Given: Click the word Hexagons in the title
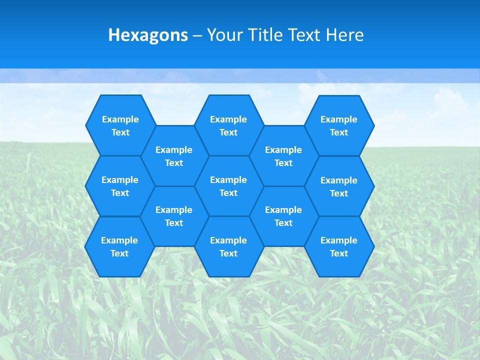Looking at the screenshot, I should [x=148, y=35].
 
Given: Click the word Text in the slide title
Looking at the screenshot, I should [x=303, y=35].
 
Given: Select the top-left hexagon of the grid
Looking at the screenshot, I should [x=120, y=125].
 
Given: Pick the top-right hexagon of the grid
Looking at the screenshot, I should [x=339, y=125].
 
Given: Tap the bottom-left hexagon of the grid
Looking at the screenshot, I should [x=119, y=246].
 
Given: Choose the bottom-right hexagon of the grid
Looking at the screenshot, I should [x=339, y=246].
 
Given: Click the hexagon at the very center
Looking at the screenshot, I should [x=228, y=186].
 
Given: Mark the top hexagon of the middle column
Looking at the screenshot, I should [x=228, y=125].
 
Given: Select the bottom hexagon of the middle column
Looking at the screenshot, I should [x=228, y=246].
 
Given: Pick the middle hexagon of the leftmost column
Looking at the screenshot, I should [x=120, y=186].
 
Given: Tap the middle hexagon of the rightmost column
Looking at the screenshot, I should [x=339, y=186].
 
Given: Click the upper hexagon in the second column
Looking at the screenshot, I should [x=174, y=156].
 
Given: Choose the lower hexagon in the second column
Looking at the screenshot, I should [x=174, y=216].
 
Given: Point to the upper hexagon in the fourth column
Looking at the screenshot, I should [x=283, y=156].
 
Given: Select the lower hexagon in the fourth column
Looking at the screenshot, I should [x=283, y=216].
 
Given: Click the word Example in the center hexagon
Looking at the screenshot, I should [x=228, y=180].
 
